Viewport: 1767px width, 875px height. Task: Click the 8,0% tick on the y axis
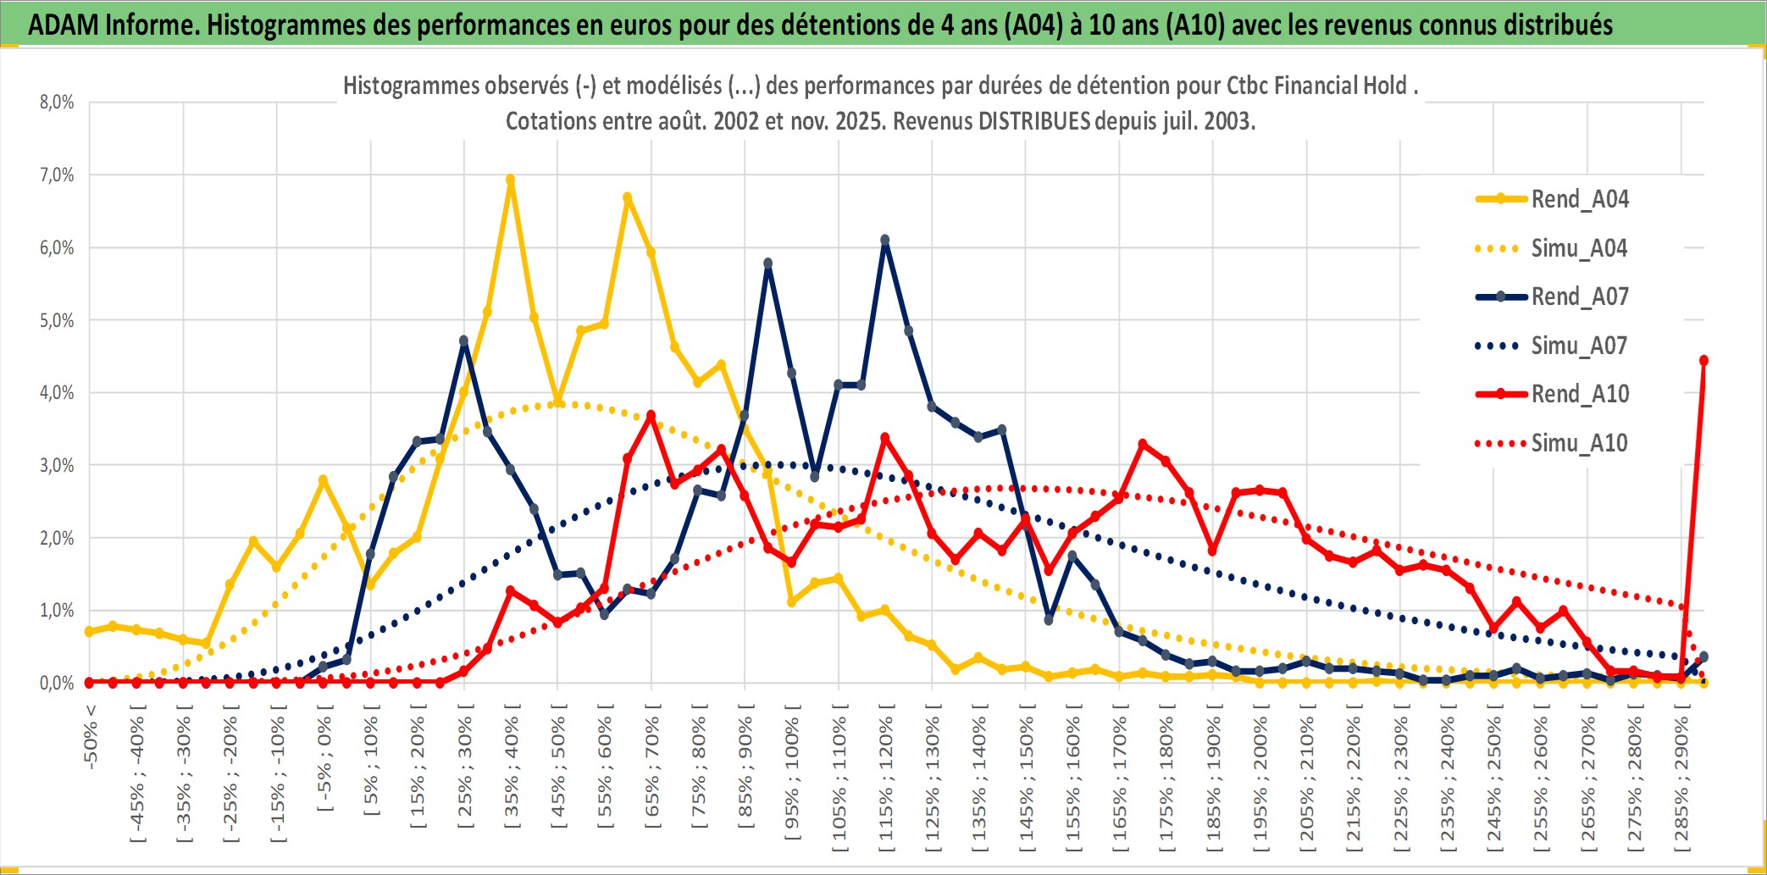point(57,102)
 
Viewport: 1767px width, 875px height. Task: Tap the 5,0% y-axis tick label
point(57,320)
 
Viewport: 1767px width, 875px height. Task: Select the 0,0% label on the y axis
point(57,683)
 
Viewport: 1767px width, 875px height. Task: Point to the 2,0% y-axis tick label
point(57,538)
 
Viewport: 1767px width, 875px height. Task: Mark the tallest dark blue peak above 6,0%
point(885,241)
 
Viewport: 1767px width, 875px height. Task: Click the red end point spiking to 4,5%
point(1703,361)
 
